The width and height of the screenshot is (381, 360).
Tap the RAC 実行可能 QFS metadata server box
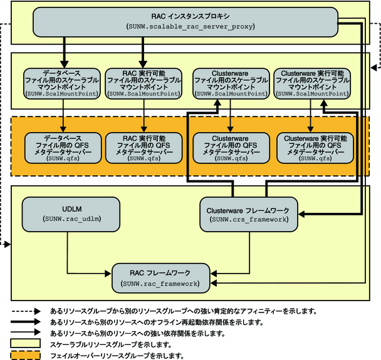point(144,148)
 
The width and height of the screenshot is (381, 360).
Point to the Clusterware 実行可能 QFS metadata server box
point(312,148)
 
